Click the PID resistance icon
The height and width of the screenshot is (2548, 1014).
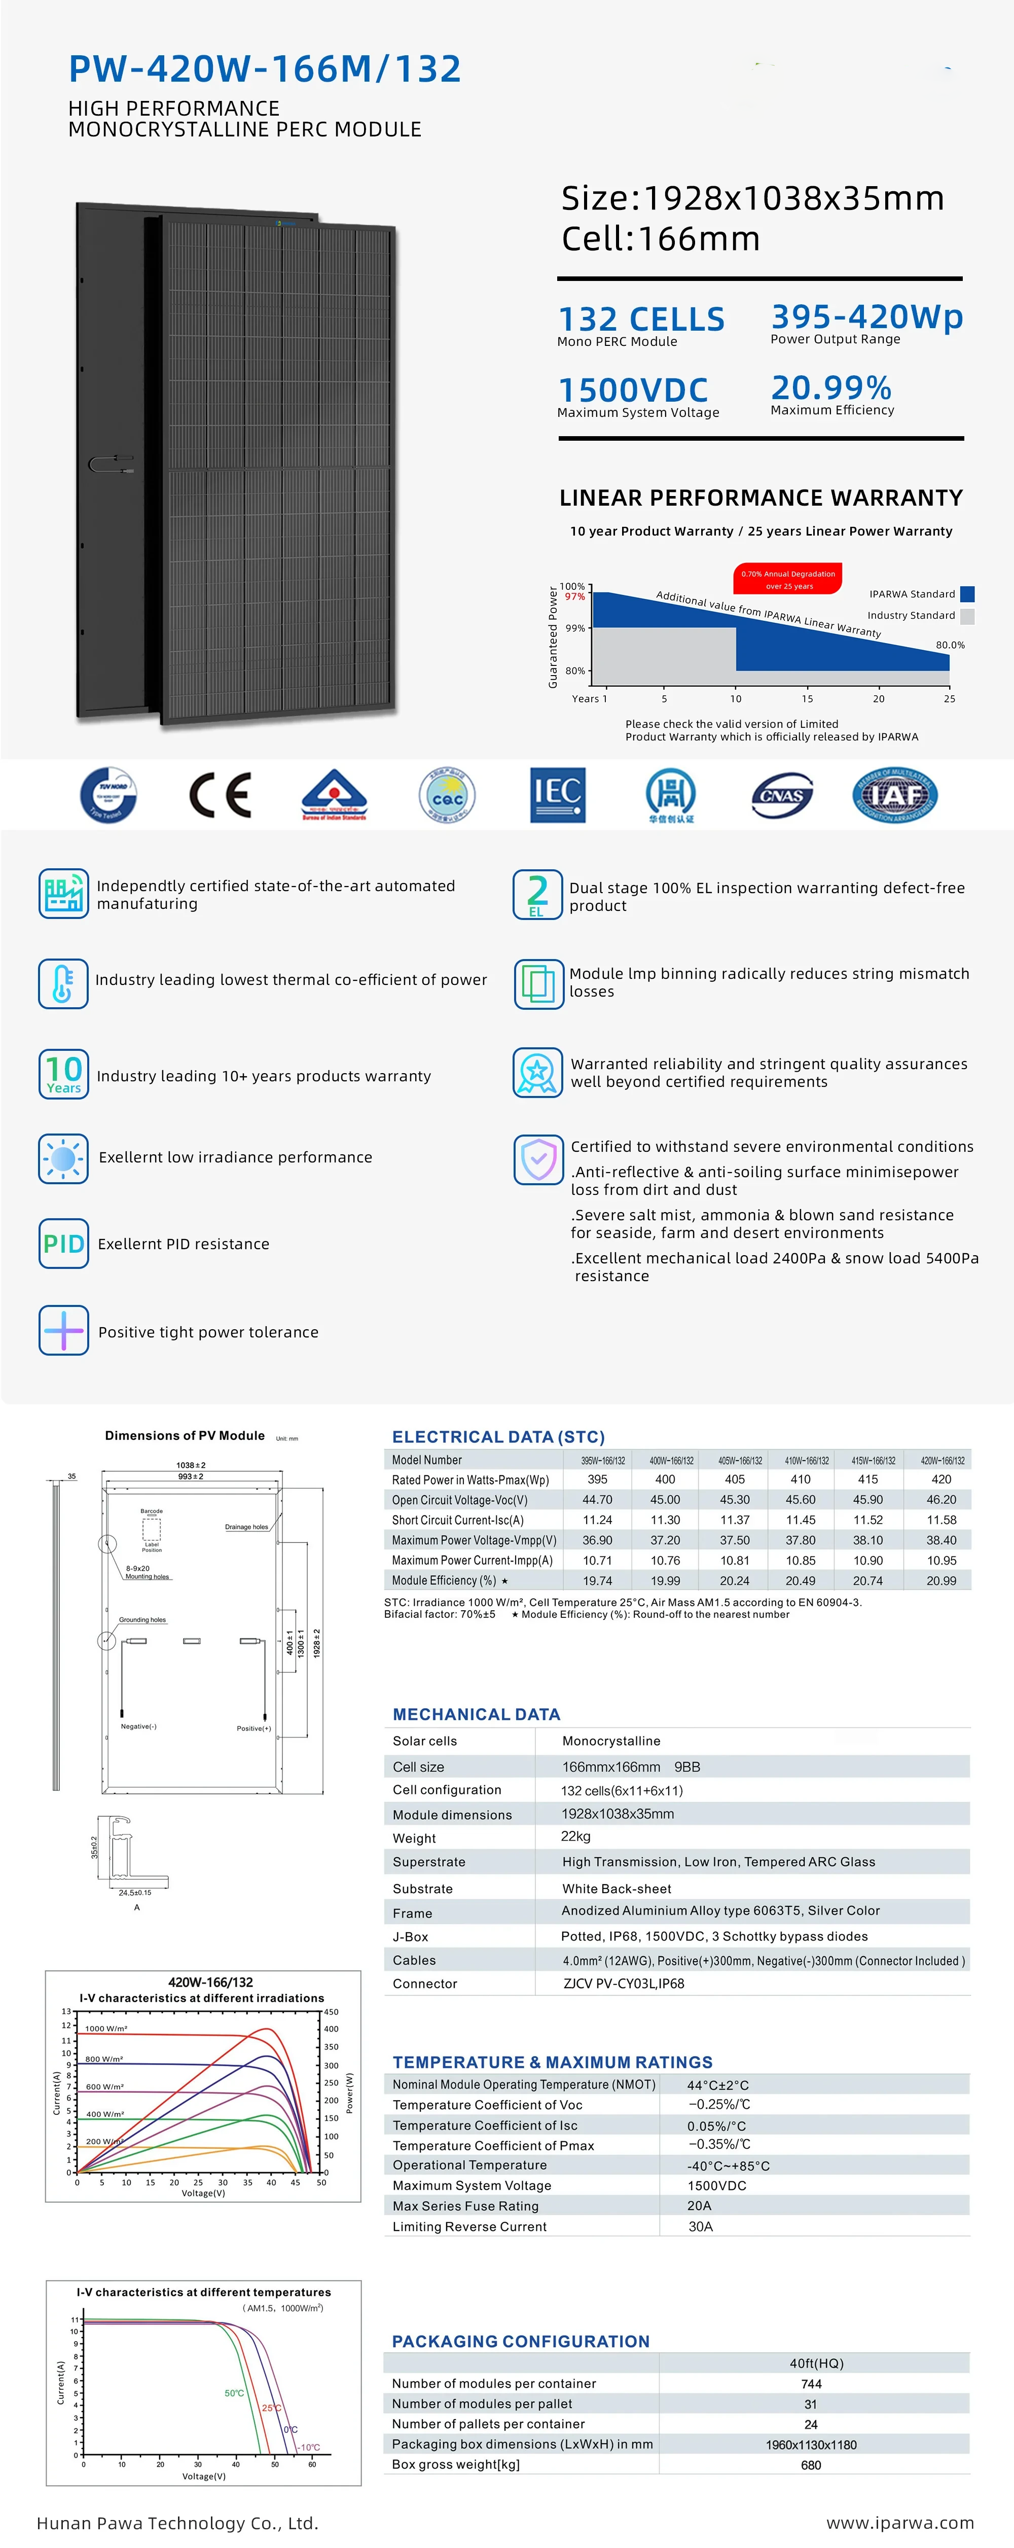tap(63, 1244)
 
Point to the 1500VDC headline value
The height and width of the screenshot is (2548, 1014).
tap(633, 390)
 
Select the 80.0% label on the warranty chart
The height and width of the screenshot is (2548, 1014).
tap(950, 645)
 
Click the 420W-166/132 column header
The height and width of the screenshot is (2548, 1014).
tap(942, 1460)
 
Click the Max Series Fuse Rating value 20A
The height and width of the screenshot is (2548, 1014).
tap(700, 2206)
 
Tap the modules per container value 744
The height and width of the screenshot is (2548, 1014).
tap(811, 2384)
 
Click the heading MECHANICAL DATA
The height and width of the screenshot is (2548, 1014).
tap(476, 1714)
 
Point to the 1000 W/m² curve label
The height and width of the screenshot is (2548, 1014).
tap(106, 2029)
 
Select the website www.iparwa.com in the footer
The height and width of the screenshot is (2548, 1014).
tap(899, 2522)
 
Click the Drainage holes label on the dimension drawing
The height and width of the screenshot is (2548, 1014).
tap(246, 1526)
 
